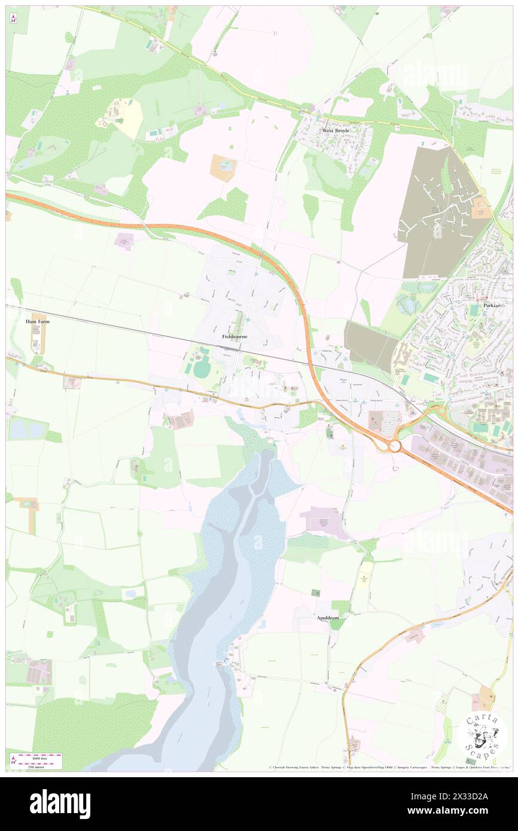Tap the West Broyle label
pyautogui.click(x=335, y=130)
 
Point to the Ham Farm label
pyautogui.click(x=37, y=321)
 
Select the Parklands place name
pyautogui.click(x=493, y=305)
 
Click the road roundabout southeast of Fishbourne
pyautogui.click(x=394, y=445)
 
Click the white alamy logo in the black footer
pyautogui.click(x=60, y=803)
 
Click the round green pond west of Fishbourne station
pyautogui.click(x=202, y=369)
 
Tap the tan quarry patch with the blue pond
pyautogui.click(x=223, y=168)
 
